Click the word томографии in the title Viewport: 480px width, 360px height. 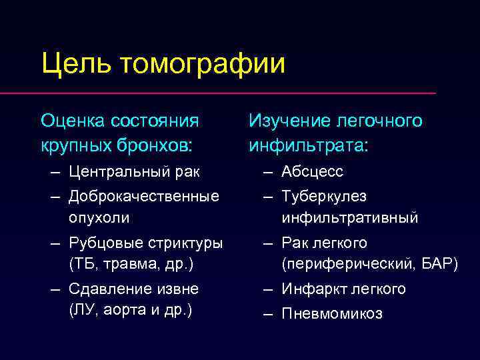pos(203,65)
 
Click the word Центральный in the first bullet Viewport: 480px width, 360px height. pos(115,172)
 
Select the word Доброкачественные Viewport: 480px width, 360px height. pos(143,197)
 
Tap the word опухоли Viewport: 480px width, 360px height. pos(99,217)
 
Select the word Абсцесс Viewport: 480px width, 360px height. pos(312,172)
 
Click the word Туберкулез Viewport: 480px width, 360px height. pos(323,197)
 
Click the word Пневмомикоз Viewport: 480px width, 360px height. pos(331,313)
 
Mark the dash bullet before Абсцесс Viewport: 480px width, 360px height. pos(267,172)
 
